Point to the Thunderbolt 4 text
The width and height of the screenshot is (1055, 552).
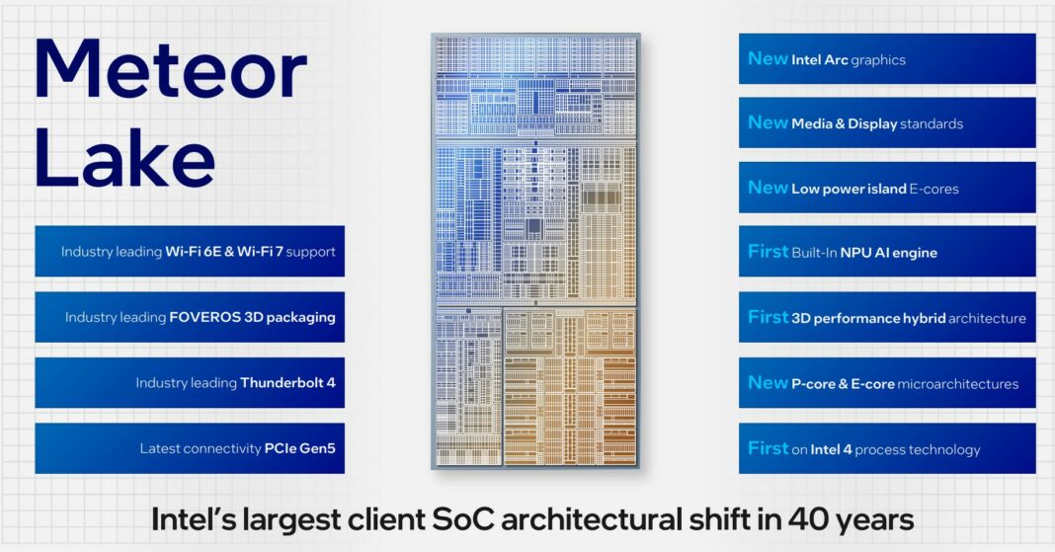(x=287, y=383)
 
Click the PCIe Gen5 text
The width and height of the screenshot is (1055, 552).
(x=299, y=448)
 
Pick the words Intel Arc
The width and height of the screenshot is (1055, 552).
(x=819, y=60)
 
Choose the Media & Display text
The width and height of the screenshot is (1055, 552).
(x=844, y=124)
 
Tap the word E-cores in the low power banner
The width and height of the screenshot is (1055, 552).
(x=934, y=189)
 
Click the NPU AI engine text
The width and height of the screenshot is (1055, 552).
(x=888, y=253)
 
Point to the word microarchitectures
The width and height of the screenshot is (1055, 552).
(x=957, y=384)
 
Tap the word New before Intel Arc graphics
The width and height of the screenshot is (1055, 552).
(x=768, y=59)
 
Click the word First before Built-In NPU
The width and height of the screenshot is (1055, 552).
(x=768, y=252)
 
